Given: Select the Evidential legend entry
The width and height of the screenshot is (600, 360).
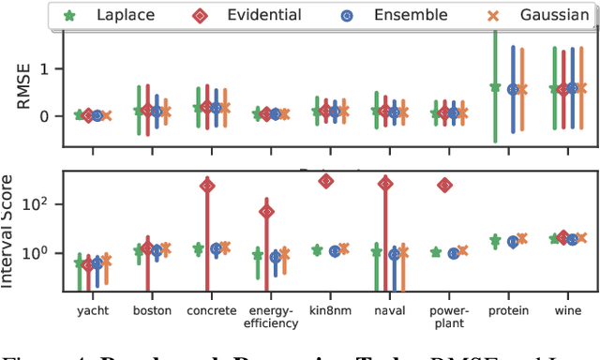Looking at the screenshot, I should point(262,15).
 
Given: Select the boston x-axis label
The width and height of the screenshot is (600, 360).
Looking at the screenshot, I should point(151,310).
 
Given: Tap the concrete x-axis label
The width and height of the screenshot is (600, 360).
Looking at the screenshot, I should point(212,310).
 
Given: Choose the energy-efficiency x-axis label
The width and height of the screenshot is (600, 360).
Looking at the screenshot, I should point(273,317).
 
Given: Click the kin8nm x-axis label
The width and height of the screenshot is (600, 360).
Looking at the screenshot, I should point(331,310).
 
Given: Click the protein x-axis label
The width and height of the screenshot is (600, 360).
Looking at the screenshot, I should point(509,310).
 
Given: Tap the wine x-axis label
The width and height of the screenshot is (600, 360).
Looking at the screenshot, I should point(568,310).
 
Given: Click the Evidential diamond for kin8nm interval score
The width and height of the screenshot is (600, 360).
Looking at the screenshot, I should point(325,181).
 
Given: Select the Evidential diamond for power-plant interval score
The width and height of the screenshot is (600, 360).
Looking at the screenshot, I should point(444,185).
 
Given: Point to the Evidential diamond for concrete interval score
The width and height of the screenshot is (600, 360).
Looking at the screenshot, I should point(206,186).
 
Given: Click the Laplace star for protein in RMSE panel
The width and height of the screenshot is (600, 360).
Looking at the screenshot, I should point(495,87).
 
